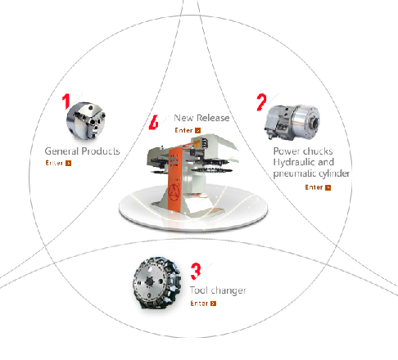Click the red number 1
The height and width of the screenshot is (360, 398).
(x=66, y=101)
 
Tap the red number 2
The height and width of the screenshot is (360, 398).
(x=261, y=102)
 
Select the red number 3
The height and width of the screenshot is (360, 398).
(x=196, y=272)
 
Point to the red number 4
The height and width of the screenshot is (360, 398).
(x=154, y=122)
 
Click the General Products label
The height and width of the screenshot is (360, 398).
(x=82, y=151)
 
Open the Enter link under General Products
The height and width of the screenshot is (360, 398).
(x=58, y=163)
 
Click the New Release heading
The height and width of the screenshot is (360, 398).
(x=201, y=118)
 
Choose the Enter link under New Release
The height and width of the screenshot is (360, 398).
(x=188, y=130)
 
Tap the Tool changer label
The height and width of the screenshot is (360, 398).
(x=218, y=290)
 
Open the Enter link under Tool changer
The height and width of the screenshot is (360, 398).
(x=203, y=304)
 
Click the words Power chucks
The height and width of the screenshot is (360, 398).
(x=303, y=151)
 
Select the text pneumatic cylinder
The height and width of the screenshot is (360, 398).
(x=311, y=173)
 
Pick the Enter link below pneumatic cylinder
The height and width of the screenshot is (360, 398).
(x=318, y=187)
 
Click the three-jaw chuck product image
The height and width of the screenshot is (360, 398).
(x=86, y=121)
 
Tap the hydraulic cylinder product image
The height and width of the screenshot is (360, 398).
(x=292, y=123)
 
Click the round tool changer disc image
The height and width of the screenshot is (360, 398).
(x=156, y=283)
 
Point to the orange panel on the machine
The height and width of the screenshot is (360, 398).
(x=174, y=179)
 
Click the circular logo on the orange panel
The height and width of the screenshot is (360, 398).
(x=174, y=192)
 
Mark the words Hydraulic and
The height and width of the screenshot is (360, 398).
(x=304, y=162)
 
